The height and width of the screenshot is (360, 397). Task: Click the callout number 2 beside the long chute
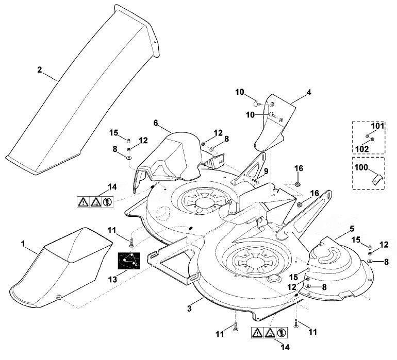point(40,70)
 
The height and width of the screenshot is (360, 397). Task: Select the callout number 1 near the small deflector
point(23,244)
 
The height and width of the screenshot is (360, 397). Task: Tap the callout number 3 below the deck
point(190,308)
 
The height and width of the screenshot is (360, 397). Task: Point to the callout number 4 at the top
point(309,93)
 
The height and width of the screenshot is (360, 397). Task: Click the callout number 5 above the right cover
point(352,229)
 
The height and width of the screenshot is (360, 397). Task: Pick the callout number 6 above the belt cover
point(156,123)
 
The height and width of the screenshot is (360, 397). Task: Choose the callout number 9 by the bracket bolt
point(266,172)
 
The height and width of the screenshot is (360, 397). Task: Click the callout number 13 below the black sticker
point(113,279)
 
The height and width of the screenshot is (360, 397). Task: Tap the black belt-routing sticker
point(129,261)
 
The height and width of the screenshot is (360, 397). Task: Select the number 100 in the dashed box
point(361,167)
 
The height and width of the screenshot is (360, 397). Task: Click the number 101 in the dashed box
point(377,126)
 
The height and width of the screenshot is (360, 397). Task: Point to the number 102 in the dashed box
point(362,149)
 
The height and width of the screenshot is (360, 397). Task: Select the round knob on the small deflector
point(59,297)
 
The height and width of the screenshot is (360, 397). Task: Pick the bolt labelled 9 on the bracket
point(255,181)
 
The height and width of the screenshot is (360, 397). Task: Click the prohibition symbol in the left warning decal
point(108,202)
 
